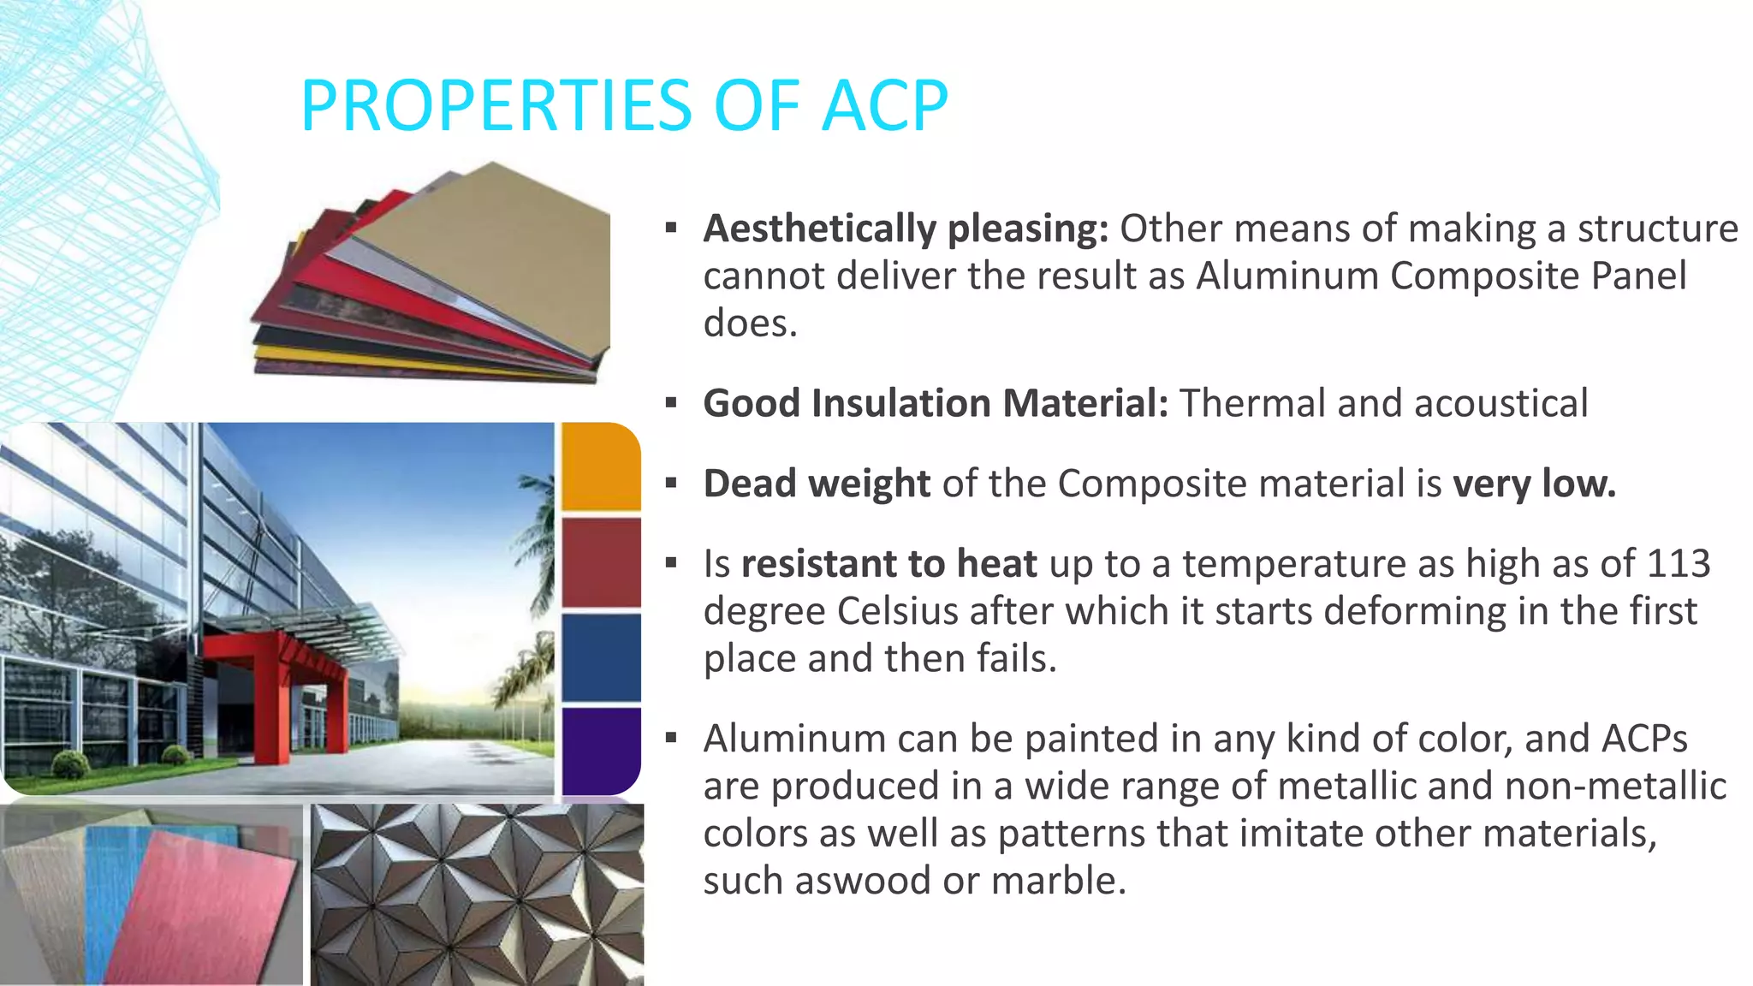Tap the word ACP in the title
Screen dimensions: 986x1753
click(x=884, y=105)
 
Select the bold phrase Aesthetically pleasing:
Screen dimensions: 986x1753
click(x=905, y=229)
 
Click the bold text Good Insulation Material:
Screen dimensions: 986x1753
click(x=935, y=403)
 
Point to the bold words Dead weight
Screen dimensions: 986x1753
click(x=816, y=484)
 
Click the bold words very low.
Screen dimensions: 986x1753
click(x=1533, y=484)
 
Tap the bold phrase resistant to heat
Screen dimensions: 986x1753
click(x=888, y=564)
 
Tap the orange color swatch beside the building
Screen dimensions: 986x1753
click(x=601, y=466)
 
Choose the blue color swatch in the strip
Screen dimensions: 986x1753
click(x=601, y=656)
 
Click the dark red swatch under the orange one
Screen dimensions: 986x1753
click(x=601, y=562)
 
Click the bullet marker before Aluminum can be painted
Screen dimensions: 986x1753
click(x=671, y=737)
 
